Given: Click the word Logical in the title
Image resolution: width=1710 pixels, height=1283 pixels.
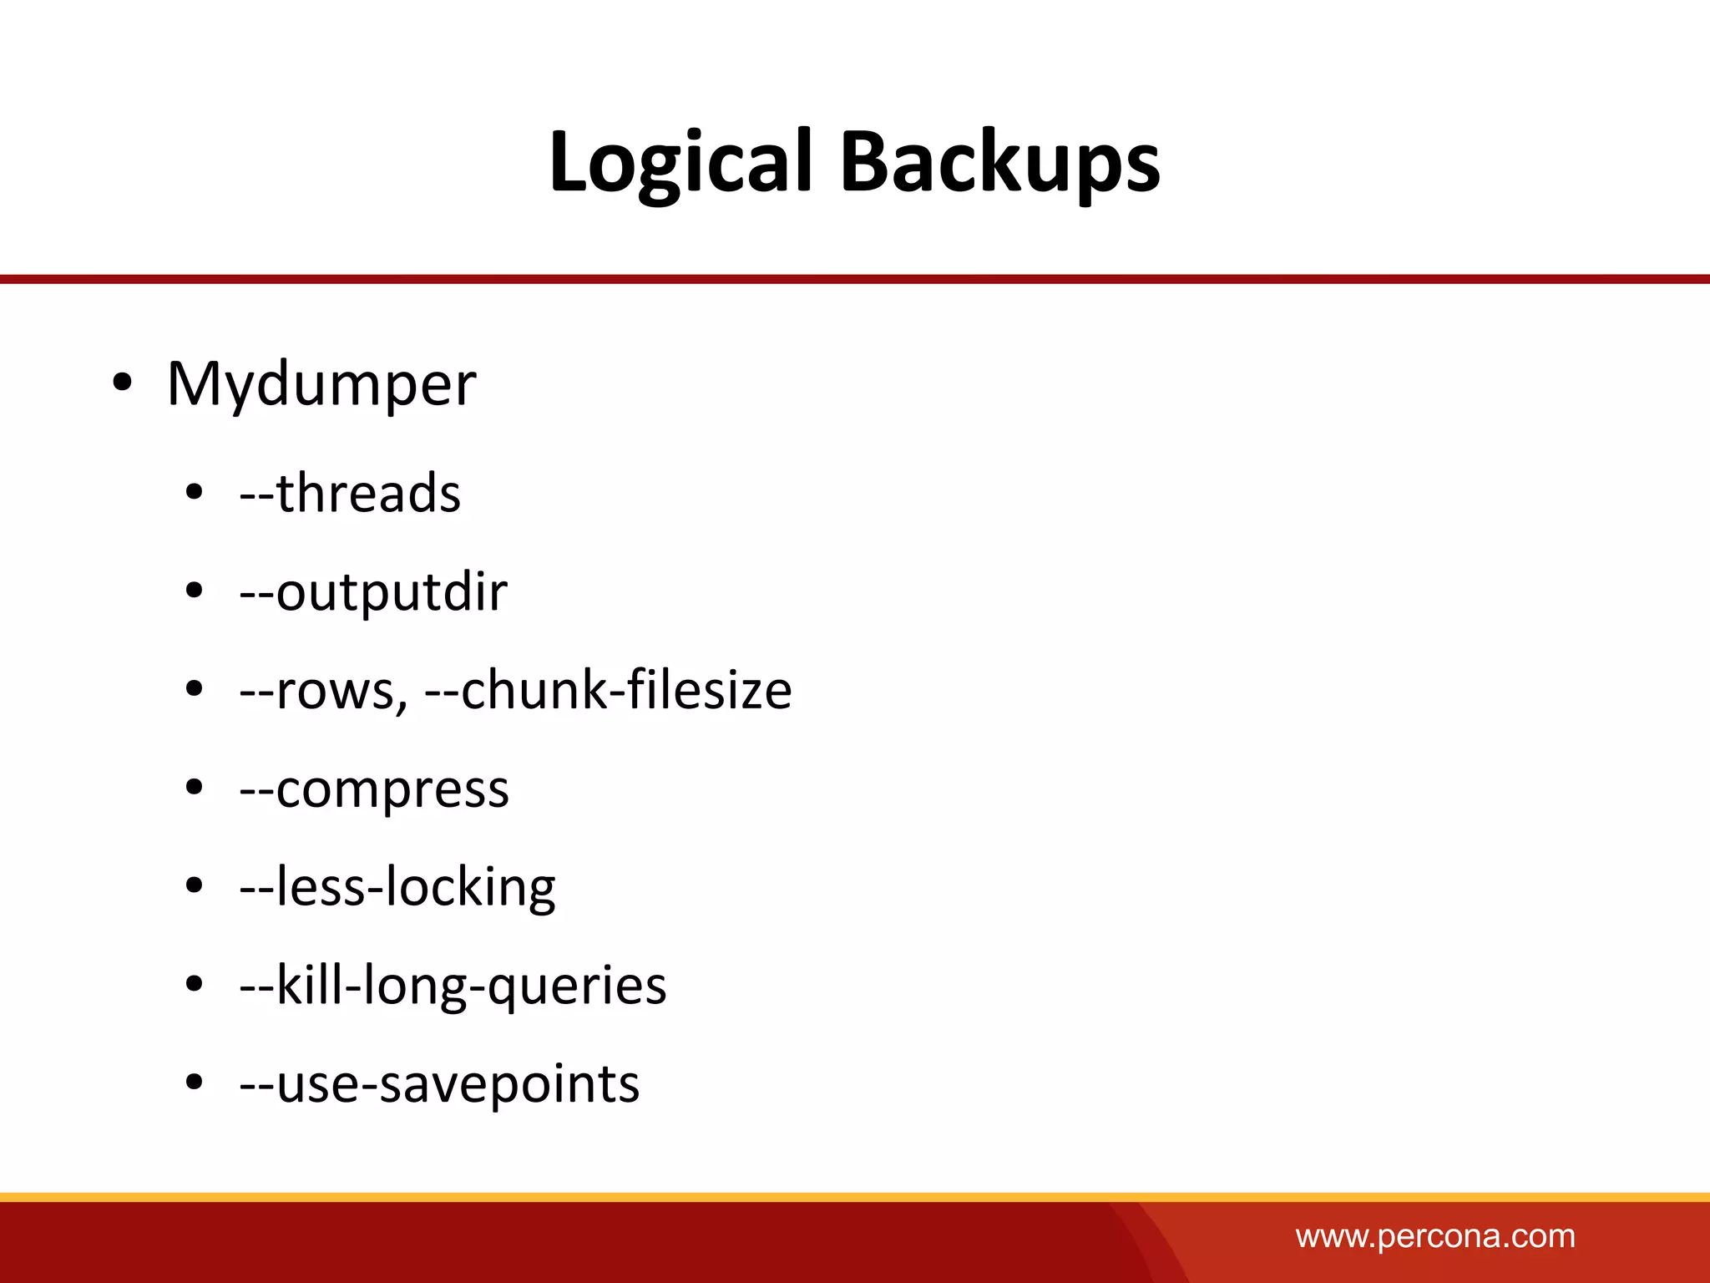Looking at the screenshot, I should [x=680, y=163].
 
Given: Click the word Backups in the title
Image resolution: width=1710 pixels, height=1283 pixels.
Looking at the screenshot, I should [x=999, y=163].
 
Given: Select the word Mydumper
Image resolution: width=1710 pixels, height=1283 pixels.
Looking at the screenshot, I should [x=321, y=385].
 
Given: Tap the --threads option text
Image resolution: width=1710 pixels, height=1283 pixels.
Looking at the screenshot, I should [x=350, y=493].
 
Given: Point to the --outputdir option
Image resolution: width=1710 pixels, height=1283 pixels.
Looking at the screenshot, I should [x=373, y=592].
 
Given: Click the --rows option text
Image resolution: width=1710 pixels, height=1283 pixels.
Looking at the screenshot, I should [x=323, y=691].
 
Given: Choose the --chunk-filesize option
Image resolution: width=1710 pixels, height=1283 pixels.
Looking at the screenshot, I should [x=608, y=691].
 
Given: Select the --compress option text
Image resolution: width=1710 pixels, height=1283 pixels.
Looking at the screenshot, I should [x=374, y=789].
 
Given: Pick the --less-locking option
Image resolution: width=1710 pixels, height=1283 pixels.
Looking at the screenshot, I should [x=397, y=887].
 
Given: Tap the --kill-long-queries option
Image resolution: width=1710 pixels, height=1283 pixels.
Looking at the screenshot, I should [x=453, y=986].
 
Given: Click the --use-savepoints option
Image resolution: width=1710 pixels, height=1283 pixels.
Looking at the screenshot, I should [x=439, y=1084].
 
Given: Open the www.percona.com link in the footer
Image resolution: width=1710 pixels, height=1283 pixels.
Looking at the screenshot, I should [x=1435, y=1236].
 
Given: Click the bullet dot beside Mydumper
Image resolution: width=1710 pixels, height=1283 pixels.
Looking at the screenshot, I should [x=122, y=383].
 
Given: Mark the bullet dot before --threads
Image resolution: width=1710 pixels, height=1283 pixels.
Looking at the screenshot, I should [x=195, y=493].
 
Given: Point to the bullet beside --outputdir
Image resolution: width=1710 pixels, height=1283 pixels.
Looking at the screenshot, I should [x=195, y=591].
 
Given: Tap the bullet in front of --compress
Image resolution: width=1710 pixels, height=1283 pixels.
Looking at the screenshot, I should [x=195, y=788].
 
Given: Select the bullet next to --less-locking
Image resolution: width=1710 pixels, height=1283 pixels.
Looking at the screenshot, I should [x=195, y=886].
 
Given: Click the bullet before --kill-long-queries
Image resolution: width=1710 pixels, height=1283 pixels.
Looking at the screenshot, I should [x=195, y=985].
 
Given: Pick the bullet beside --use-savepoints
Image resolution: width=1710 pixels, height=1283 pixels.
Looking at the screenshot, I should [x=195, y=1083].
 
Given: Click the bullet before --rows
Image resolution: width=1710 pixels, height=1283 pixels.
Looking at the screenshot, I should [x=195, y=690].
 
